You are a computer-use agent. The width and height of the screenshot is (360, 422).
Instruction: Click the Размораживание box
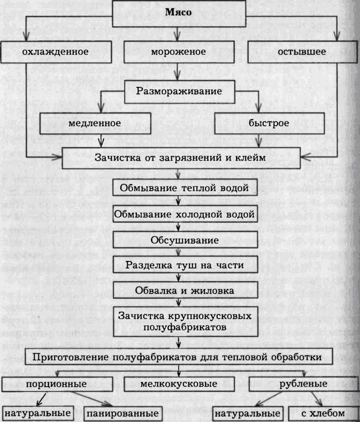(x=179, y=91)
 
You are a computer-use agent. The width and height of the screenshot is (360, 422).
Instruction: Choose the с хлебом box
(x=323, y=414)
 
